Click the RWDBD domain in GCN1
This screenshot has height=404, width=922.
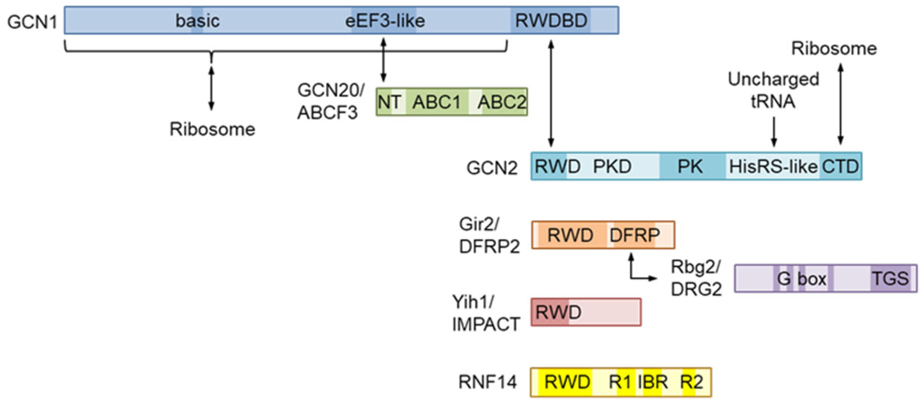pyautogui.click(x=551, y=20)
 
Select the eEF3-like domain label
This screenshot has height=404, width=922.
pyautogui.click(x=385, y=21)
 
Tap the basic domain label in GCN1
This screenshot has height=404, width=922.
pyautogui.click(x=197, y=21)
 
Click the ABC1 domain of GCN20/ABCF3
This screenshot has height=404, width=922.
pyautogui.click(x=436, y=102)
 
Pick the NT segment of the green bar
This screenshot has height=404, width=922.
pyautogui.click(x=389, y=102)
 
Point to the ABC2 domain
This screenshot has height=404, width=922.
pyautogui.click(x=501, y=102)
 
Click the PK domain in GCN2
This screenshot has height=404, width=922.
pyautogui.click(x=690, y=167)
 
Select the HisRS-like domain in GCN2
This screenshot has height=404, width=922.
pyautogui.click(x=772, y=167)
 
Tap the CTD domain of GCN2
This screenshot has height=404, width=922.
pyautogui.click(x=840, y=167)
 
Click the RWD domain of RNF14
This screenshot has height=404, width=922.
pyautogui.click(x=567, y=382)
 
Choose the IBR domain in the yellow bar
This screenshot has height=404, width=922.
pyautogui.click(x=652, y=382)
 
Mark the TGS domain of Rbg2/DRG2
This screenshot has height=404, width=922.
pyautogui.click(x=890, y=279)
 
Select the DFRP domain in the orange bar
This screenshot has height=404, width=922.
pyautogui.click(x=635, y=235)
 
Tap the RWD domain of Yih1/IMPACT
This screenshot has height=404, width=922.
pyautogui.click(x=558, y=312)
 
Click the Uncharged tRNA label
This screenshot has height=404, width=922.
pyautogui.click(x=773, y=90)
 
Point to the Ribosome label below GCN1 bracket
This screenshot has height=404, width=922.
pyautogui.click(x=212, y=129)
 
